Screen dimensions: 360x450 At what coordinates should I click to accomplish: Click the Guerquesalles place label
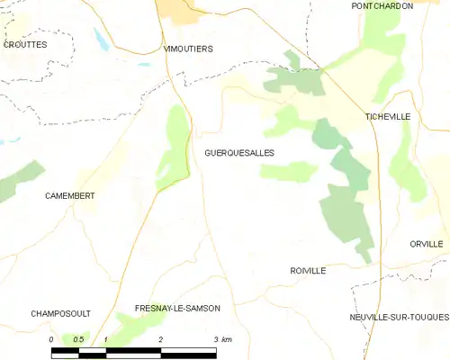(239, 153)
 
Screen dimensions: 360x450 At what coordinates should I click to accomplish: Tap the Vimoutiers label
(188, 49)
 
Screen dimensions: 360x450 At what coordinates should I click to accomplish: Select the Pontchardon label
(382, 5)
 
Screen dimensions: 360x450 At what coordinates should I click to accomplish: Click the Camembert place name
(71, 195)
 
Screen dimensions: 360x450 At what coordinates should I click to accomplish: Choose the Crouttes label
(24, 44)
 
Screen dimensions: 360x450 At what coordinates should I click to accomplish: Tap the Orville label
(426, 244)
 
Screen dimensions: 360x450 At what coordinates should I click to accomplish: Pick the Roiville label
(308, 270)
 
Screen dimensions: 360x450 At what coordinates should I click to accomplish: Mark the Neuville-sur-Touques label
(399, 318)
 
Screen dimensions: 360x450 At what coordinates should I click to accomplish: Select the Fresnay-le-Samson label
(176, 308)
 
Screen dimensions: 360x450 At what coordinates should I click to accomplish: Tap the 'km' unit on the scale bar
(226, 339)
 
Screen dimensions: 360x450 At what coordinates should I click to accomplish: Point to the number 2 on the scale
(160, 339)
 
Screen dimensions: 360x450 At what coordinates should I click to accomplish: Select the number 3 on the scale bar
(215, 339)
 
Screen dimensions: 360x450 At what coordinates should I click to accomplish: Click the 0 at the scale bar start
(52, 339)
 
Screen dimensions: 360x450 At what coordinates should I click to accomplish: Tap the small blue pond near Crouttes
(102, 39)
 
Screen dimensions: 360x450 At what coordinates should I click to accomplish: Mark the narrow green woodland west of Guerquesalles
(174, 148)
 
